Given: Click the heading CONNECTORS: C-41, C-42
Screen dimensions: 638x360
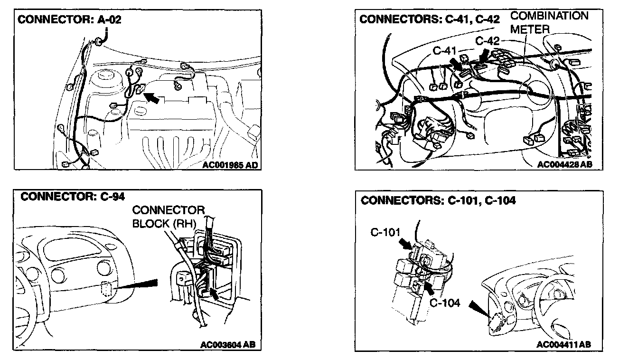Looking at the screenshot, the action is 430,19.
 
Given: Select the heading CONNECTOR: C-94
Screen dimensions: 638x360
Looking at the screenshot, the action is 73,197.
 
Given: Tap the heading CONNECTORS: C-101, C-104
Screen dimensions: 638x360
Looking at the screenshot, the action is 438,200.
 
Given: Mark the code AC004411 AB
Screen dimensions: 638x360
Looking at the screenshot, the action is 564,344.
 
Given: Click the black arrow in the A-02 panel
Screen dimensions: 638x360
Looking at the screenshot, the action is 151,97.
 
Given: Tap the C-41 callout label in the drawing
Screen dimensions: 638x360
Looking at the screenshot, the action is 444,50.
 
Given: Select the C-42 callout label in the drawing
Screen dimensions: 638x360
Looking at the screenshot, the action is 488,41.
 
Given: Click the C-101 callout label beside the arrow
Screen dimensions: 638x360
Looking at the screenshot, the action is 385,232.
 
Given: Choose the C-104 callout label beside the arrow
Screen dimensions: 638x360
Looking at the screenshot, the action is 445,303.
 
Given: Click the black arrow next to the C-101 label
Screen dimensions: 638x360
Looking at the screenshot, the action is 404,244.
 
